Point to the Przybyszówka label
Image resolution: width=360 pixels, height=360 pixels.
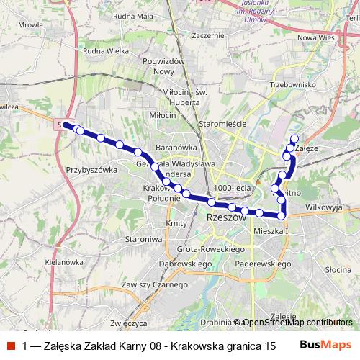coord(91,170)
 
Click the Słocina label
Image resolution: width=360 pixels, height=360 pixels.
coord(337,269)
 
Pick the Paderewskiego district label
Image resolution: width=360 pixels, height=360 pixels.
coord(262,264)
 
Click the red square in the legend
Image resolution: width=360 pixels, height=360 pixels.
coord(12,346)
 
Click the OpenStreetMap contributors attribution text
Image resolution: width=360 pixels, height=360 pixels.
coord(297,322)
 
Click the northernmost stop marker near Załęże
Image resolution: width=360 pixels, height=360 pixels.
coord(294,138)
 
